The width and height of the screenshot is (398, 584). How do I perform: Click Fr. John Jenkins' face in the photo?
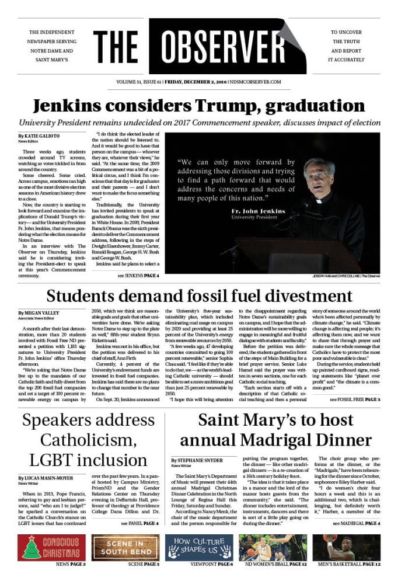click(x=319, y=175)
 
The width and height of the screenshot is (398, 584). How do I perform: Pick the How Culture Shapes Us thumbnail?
click(x=199, y=547)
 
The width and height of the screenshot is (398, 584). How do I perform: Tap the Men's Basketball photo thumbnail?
click(x=347, y=547)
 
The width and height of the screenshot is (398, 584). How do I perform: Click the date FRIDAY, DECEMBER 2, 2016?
click(x=195, y=82)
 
